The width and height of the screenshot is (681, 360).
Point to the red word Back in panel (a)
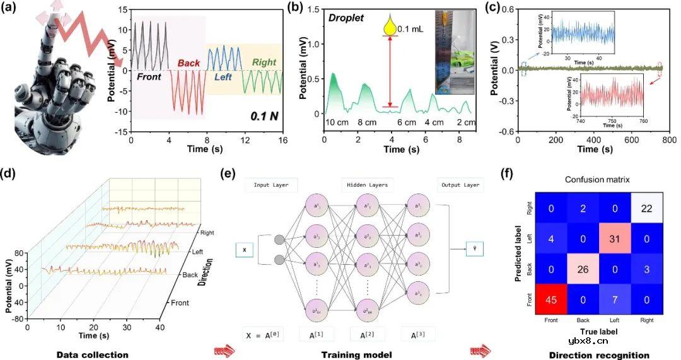(x=188, y=64)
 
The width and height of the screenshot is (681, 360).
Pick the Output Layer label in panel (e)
(x=459, y=185)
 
